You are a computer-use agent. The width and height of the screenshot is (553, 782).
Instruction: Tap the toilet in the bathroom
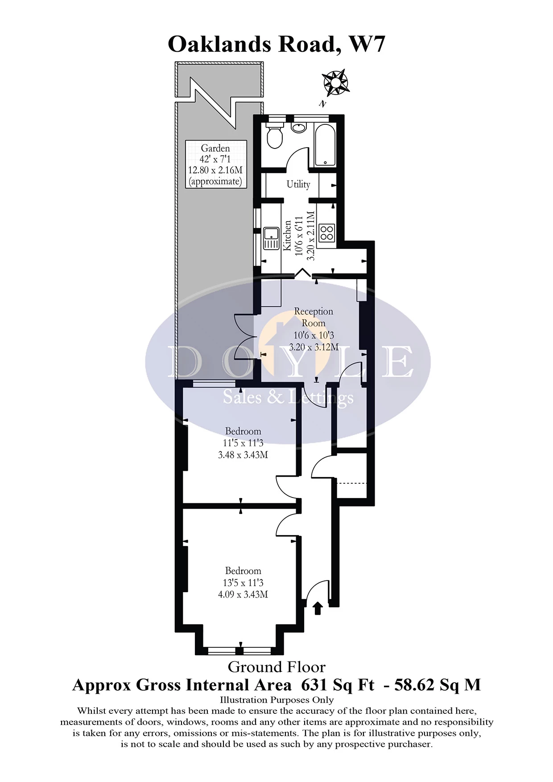point(275,136)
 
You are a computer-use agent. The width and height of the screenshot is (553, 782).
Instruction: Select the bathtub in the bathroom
point(326,144)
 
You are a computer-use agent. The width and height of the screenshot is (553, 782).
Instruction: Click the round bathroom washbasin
point(298,128)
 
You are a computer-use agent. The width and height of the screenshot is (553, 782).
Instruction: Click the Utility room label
point(298,184)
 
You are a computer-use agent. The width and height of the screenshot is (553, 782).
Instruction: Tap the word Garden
point(215,148)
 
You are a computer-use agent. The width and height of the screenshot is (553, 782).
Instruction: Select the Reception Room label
point(314,317)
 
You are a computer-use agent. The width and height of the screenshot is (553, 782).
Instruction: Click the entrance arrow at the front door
point(318,608)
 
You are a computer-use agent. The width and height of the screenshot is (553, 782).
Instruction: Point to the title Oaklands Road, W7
point(276,44)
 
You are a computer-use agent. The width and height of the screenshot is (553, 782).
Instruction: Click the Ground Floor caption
point(276,667)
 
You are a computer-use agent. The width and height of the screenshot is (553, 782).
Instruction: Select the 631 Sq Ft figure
point(338,685)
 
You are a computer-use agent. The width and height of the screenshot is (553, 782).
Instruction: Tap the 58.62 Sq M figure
point(437,685)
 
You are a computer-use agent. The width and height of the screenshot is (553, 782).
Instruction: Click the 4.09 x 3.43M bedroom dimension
point(243,594)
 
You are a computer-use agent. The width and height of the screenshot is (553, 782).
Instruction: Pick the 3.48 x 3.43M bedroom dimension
point(243,455)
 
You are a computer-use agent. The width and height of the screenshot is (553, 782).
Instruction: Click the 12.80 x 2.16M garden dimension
point(215,170)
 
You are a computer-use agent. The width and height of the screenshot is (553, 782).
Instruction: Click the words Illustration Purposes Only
point(276,700)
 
